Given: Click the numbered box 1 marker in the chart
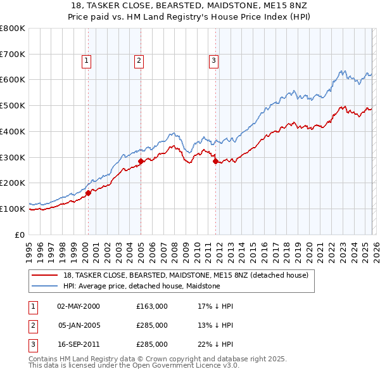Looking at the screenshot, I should (x=85, y=61).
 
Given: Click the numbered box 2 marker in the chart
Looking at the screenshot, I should (x=139, y=61).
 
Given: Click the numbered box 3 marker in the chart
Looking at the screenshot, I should (x=213, y=61).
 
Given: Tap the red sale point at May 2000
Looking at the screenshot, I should (x=88, y=193).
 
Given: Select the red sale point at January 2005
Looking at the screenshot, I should (x=141, y=161).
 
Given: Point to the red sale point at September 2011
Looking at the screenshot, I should (x=216, y=161).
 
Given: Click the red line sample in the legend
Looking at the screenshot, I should (x=45, y=275).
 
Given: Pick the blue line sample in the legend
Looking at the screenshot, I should (x=45, y=286).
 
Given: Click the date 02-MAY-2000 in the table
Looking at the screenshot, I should (x=79, y=306).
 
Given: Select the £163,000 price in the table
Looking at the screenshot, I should (x=152, y=306).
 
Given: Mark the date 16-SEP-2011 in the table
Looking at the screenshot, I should (x=79, y=344).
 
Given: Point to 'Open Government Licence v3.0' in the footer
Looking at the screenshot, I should (x=186, y=366).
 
